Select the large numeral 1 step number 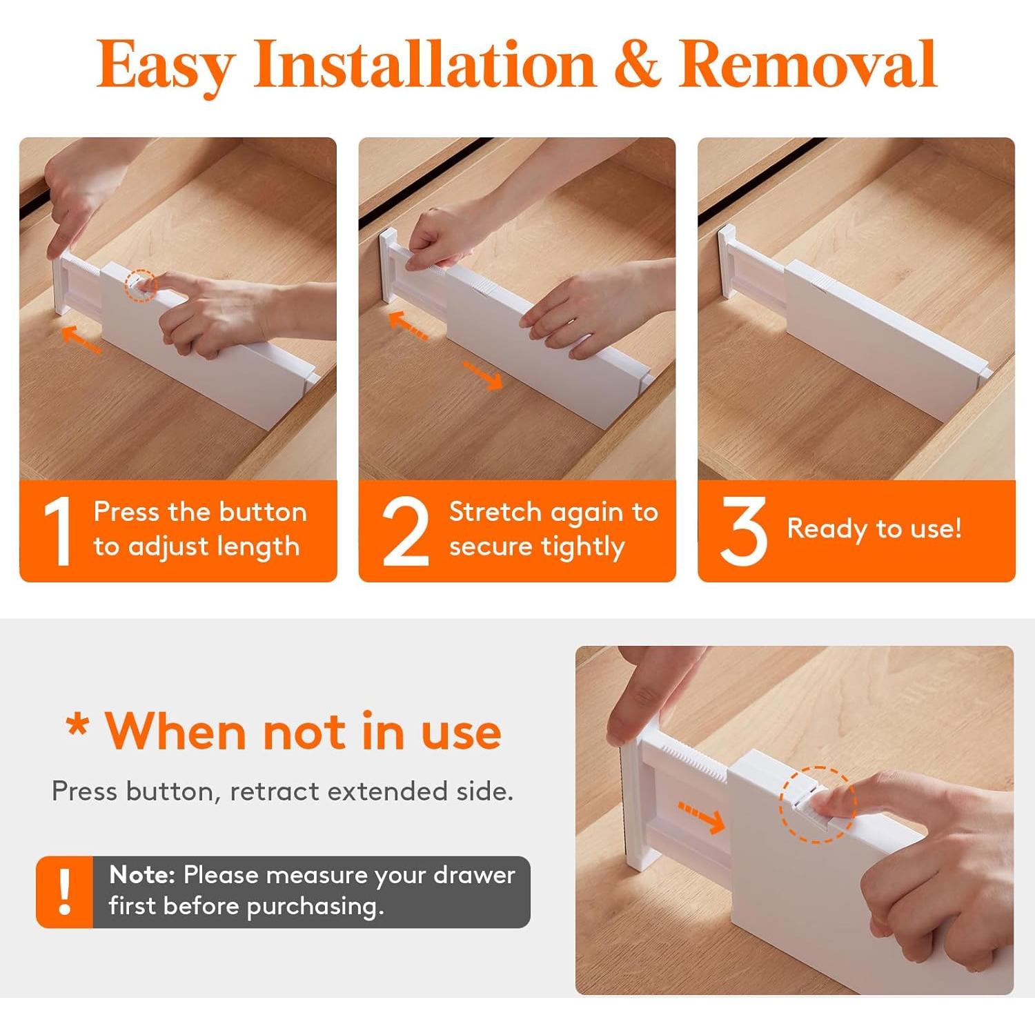59,531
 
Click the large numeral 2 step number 406,531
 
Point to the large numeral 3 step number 743,531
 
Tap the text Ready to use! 874,529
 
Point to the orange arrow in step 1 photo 81,339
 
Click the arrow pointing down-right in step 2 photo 483,375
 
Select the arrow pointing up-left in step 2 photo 408,326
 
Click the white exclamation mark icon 65,892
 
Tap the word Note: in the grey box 142,875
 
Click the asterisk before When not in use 77,727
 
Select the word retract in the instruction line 275,791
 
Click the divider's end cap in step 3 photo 727,261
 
